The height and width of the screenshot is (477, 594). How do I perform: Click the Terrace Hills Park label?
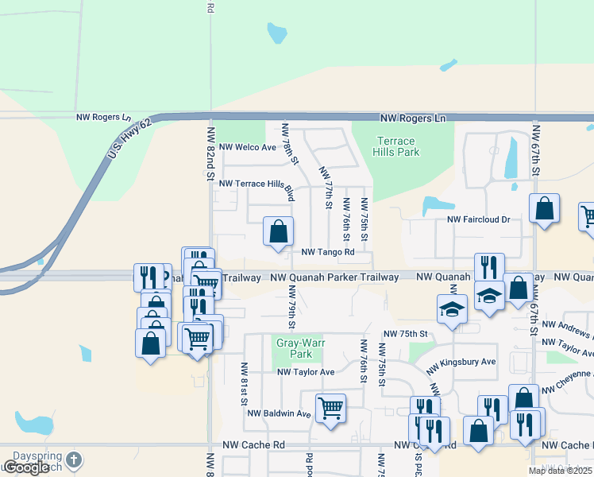click(x=396, y=146)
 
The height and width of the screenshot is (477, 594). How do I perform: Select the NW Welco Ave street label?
click(x=247, y=147)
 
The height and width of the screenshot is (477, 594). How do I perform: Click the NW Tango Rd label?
click(x=327, y=252)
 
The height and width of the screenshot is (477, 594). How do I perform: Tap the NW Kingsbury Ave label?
click(x=461, y=365)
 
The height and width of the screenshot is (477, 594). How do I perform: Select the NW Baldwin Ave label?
click(x=279, y=413)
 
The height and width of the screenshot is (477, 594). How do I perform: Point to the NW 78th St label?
click(x=291, y=144)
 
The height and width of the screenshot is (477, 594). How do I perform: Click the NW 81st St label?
click(x=244, y=384)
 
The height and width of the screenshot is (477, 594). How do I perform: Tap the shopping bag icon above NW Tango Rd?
click(x=278, y=232)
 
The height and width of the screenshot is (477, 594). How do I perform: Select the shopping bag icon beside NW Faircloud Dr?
click(x=545, y=209)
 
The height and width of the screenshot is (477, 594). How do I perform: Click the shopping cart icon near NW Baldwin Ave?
click(x=331, y=409)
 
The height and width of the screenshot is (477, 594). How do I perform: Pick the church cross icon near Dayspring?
click(x=74, y=460)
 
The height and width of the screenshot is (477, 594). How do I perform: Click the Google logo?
click(x=25, y=467)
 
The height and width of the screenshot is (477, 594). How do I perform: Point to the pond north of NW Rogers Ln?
click(x=276, y=33)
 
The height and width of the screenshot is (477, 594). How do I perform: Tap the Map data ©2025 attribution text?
click(x=559, y=471)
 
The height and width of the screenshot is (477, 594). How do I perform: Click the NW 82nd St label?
click(x=211, y=151)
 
